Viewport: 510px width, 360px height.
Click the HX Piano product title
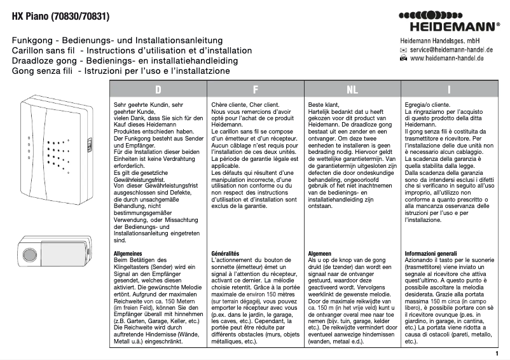pyautogui.click(x=55, y=11)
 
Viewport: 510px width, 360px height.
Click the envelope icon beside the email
pyautogui.click(x=403, y=49)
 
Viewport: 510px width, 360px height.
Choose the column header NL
pyautogui.click(x=352, y=90)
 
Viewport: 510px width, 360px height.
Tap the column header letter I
pyautogui.click(x=449, y=90)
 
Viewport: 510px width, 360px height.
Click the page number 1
pyautogui.click(x=497, y=352)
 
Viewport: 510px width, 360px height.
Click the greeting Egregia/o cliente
pyautogui.click(x=427, y=104)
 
